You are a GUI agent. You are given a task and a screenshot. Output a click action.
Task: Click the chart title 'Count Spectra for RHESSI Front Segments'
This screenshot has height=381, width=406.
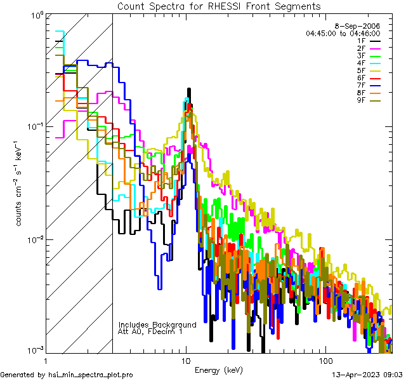click(219, 6)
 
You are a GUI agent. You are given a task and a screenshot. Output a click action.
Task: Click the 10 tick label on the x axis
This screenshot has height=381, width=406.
click(186, 360)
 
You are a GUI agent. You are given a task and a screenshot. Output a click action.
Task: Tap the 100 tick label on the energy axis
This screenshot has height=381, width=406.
click(325, 360)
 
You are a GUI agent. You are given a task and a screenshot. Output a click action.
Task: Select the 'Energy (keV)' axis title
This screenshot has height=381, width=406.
click(219, 370)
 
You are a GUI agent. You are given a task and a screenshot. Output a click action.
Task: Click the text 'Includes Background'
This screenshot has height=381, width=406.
click(157, 324)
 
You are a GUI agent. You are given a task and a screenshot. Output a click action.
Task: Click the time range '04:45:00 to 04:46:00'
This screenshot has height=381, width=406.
click(343, 33)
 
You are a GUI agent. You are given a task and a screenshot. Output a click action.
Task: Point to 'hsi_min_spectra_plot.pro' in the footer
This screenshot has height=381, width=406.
click(91, 375)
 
